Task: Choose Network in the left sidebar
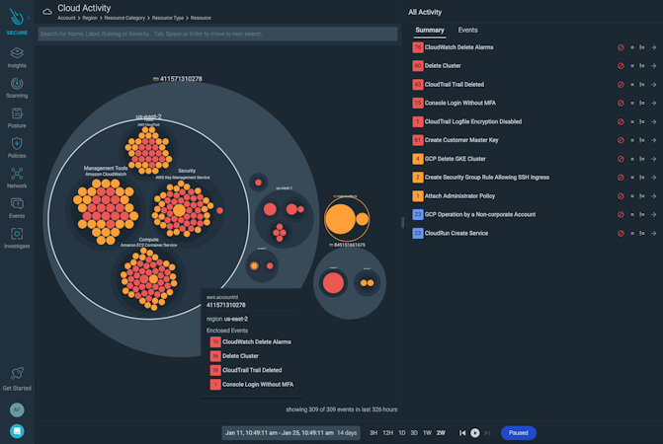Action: pos(17,175)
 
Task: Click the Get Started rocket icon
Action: pos(17,373)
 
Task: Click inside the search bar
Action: pos(217,34)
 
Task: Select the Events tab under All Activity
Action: pos(467,31)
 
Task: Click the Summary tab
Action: pos(430,31)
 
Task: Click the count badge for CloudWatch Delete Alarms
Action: pos(418,46)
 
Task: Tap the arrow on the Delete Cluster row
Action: pos(653,65)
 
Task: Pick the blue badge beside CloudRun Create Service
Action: pos(418,233)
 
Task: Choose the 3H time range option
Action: pos(373,433)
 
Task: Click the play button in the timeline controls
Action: pos(475,433)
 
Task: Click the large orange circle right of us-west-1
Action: pos(341,218)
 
